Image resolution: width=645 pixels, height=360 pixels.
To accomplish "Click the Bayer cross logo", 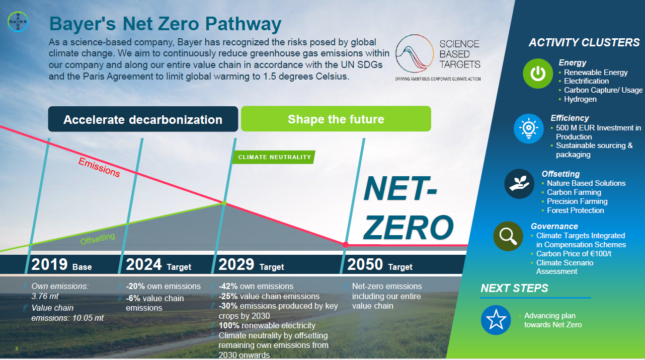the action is [18, 22].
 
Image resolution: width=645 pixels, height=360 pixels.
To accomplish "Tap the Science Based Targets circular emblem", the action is [415, 53].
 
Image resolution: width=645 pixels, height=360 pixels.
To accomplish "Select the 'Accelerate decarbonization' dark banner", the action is [143, 119].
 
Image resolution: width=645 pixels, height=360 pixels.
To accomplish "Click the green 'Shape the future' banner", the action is [336, 119].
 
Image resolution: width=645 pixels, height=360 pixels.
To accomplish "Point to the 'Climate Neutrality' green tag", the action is [274, 157].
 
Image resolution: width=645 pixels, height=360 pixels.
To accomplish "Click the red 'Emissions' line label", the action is [99, 167].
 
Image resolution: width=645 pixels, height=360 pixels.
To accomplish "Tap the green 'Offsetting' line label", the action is [98, 239].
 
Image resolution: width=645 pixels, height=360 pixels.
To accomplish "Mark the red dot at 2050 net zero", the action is [346, 245].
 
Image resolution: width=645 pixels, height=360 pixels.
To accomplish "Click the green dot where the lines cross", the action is [224, 203].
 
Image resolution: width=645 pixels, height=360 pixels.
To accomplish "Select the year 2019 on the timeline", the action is [49, 264].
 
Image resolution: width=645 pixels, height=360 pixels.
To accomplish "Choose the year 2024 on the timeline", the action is [144, 264].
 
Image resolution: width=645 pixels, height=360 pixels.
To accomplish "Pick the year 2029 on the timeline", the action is [236, 264].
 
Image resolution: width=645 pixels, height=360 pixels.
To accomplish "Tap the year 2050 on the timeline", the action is [365, 264].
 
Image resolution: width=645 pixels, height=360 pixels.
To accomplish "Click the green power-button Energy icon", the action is [538, 74].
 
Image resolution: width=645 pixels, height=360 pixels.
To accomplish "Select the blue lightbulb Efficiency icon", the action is [528, 128].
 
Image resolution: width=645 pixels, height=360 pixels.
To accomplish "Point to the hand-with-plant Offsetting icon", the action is [519, 184].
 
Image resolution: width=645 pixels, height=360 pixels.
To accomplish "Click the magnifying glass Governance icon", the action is [508, 236].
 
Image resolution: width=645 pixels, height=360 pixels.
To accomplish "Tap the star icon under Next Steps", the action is [496, 320].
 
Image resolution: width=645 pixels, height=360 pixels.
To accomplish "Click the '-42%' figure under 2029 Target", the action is [228, 286].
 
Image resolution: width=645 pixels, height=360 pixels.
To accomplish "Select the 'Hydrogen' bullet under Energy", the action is [580, 99].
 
